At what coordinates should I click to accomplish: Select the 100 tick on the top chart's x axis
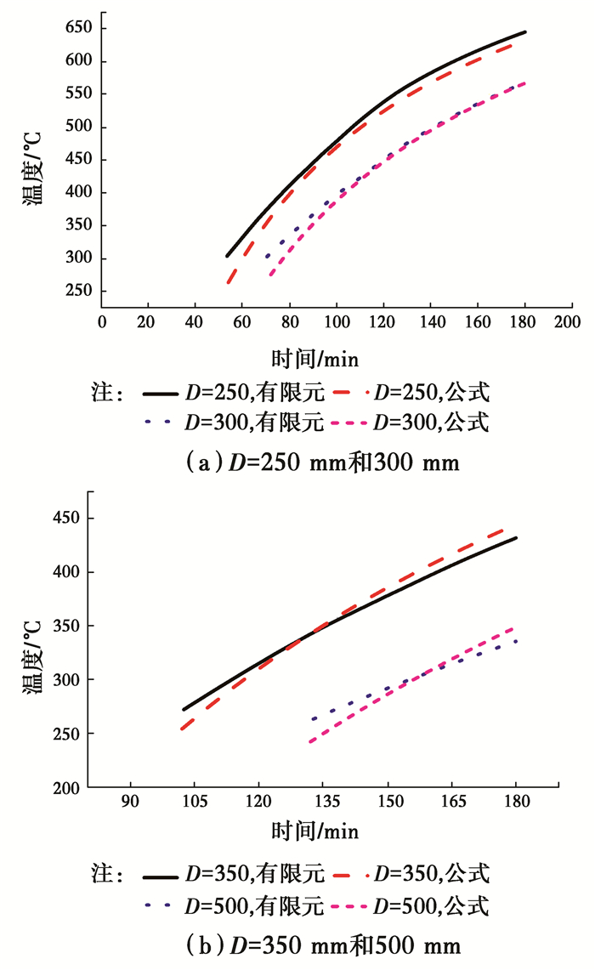(x=337, y=324)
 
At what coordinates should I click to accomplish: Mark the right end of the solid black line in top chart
(x=525, y=32)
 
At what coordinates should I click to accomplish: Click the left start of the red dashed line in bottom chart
(x=181, y=729)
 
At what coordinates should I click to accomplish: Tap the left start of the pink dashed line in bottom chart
(x=310, y=742)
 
